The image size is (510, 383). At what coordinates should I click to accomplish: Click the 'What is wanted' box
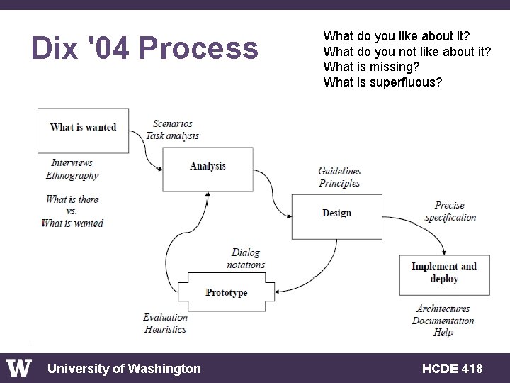tap(83, 129)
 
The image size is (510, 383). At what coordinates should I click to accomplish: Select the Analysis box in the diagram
tap(208, 168)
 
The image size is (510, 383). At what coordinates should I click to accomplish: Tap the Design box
tap(336, 215)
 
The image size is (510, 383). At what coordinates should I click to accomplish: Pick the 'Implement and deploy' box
tap(444, 274)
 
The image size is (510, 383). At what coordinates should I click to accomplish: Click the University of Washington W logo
tap(19, 367)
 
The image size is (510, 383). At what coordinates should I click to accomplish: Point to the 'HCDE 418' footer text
tap(452, 368)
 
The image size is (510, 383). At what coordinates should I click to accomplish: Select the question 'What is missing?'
tap(371, 67)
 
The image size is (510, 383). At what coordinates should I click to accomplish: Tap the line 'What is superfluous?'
tap(383, 82)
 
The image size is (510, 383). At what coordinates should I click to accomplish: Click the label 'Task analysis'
tap(172, 135)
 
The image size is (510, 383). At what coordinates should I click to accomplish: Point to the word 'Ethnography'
tap(72, 175)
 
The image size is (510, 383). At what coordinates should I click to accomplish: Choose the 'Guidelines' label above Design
tap(339, 171)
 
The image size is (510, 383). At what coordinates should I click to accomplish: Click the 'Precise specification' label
tap(450, 211)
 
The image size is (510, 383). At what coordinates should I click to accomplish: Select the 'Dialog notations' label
tap(246, 259)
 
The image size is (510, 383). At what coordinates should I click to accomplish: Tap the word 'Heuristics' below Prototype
tap(165, 330)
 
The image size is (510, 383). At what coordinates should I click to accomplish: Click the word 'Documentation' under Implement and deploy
tap(443, 321)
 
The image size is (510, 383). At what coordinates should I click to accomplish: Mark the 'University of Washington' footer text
tap(124, 368)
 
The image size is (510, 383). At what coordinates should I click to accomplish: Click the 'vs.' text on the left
tap(72, 211)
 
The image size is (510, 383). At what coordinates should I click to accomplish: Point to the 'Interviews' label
tap(72, 163)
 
